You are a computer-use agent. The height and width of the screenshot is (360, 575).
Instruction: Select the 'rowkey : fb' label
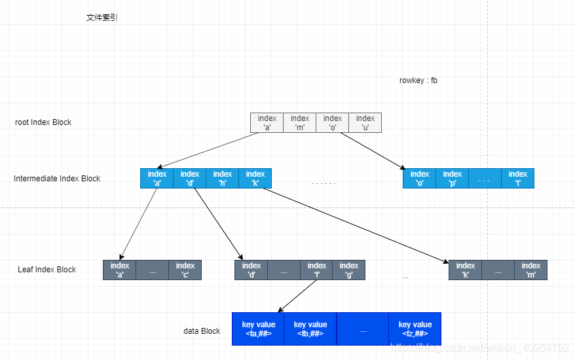[418, 81]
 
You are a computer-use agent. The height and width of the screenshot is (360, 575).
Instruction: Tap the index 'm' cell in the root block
[299, 122]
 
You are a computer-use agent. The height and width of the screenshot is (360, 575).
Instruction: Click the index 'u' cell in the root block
[365, 122]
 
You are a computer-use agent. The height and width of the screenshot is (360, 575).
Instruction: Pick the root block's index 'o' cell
[332, 122]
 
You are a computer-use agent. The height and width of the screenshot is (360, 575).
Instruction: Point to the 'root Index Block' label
[43, 122]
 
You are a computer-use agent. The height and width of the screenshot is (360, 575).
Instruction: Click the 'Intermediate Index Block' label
[57, 179]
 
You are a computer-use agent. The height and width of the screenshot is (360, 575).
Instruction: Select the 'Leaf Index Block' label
[46, 270]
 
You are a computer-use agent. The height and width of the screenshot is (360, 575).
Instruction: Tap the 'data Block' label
[202, 331]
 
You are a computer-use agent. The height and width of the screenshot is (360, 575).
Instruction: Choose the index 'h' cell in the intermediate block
[222, 179]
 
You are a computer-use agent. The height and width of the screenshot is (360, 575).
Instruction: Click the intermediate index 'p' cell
[452, 179]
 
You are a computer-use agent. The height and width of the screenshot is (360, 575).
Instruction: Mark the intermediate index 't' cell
[517, 179]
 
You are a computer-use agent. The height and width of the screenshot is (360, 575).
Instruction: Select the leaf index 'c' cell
[185, 270]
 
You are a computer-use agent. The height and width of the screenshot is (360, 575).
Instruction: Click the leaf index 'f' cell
[316, 270]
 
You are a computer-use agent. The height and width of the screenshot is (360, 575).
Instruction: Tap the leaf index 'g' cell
[348, 270]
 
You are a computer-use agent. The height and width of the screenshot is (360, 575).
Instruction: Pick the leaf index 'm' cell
[530, 270]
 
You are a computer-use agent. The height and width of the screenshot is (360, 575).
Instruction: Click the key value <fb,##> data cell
[310, 329]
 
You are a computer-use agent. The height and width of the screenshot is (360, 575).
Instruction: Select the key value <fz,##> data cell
[415, 329]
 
